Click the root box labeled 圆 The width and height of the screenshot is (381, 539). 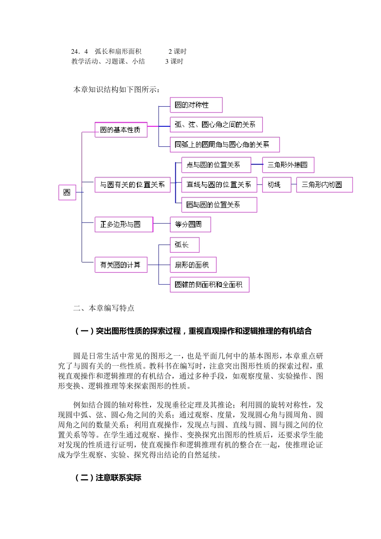(67, 192)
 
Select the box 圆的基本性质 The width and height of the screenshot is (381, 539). (121, 130)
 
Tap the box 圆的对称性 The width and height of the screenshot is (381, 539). (196, 105)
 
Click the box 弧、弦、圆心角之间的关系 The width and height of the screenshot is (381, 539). (216, 125)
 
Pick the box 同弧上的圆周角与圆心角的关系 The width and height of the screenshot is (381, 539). (224, 145)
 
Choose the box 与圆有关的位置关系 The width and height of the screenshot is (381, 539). (132, 185)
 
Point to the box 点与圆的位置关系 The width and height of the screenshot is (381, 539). (216, 165)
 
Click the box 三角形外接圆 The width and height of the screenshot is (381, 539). (288, 165)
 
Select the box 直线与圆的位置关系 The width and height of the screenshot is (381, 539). (219, 185)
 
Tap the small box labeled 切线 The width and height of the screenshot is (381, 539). (276, 185)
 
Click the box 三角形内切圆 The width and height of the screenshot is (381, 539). (324, 185)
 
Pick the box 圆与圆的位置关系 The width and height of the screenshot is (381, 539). (219, 205)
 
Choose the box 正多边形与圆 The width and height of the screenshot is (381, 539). (124, 225)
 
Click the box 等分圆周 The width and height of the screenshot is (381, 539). (190, 225)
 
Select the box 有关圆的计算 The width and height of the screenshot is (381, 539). (121, 265)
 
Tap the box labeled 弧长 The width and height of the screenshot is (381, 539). (184, 245)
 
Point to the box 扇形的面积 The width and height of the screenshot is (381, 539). (193, 265)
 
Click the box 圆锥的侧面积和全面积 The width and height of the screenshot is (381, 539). (209, 285)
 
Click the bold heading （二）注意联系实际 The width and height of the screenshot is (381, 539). (108, 478)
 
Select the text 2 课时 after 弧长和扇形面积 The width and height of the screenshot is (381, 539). (177, 51)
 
